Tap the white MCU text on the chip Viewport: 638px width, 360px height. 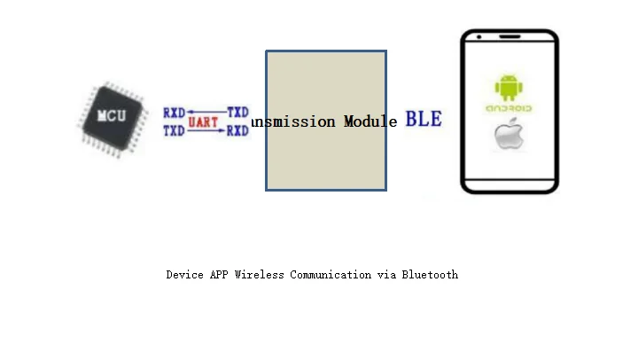112,116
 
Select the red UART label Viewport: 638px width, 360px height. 203,122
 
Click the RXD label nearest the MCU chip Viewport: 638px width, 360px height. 174,113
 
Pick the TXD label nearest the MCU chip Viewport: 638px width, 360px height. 174,131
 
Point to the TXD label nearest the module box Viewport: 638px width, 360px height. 237,113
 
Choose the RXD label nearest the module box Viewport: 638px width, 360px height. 237,131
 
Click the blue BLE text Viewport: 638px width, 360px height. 424,119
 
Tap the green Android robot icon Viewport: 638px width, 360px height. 509,88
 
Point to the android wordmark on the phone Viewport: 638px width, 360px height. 509,108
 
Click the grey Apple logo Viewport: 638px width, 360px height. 508,136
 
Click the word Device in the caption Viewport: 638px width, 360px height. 184,275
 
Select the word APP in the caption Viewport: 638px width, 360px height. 219,275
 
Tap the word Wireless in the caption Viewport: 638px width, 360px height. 260,275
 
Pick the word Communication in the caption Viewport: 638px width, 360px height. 331,275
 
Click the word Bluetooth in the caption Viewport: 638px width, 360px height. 430,275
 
